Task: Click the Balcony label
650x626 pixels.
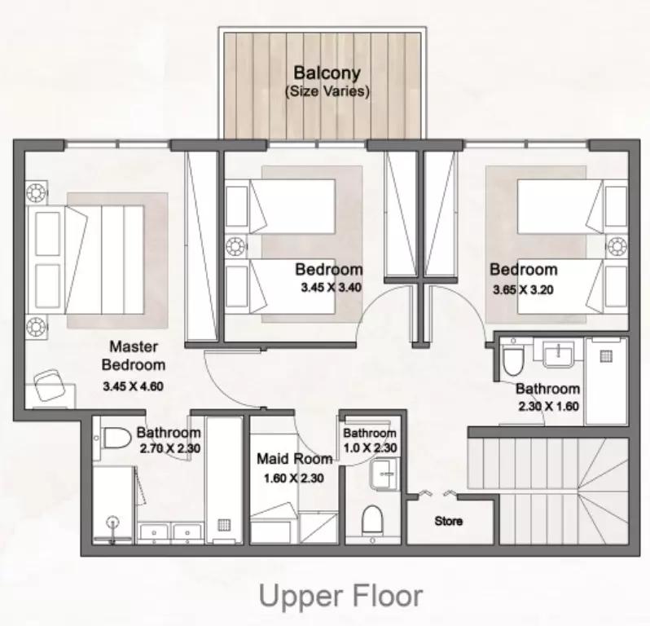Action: pos(327,73)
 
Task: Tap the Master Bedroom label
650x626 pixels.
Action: pos(134,355)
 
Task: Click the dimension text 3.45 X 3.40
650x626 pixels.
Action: pos(330,287)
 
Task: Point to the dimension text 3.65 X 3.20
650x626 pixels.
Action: pos(523,289)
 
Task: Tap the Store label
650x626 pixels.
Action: pos(448,521)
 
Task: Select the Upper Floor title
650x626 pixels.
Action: pos(340,596)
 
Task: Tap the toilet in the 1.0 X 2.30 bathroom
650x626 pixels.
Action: pos(373,518)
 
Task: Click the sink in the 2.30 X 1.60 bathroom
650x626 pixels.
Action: pos(558,353)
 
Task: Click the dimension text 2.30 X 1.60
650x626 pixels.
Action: pos(547,405)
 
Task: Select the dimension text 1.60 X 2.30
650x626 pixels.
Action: pos(293,478)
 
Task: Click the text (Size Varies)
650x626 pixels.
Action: pos(327,91)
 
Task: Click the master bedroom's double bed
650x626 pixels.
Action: pos(90,260)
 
